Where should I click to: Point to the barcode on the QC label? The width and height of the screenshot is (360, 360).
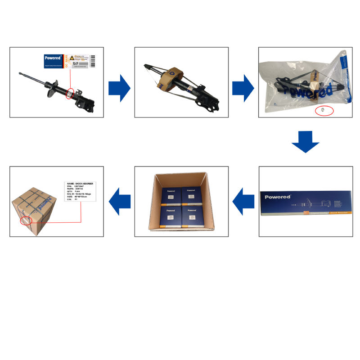pyautogui.click(x=93, y=61)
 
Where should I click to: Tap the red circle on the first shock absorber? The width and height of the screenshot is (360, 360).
pyautogui.click(x=70, y=93)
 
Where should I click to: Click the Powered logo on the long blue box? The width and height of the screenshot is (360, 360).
pyautogui.click(x=278, y=197)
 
